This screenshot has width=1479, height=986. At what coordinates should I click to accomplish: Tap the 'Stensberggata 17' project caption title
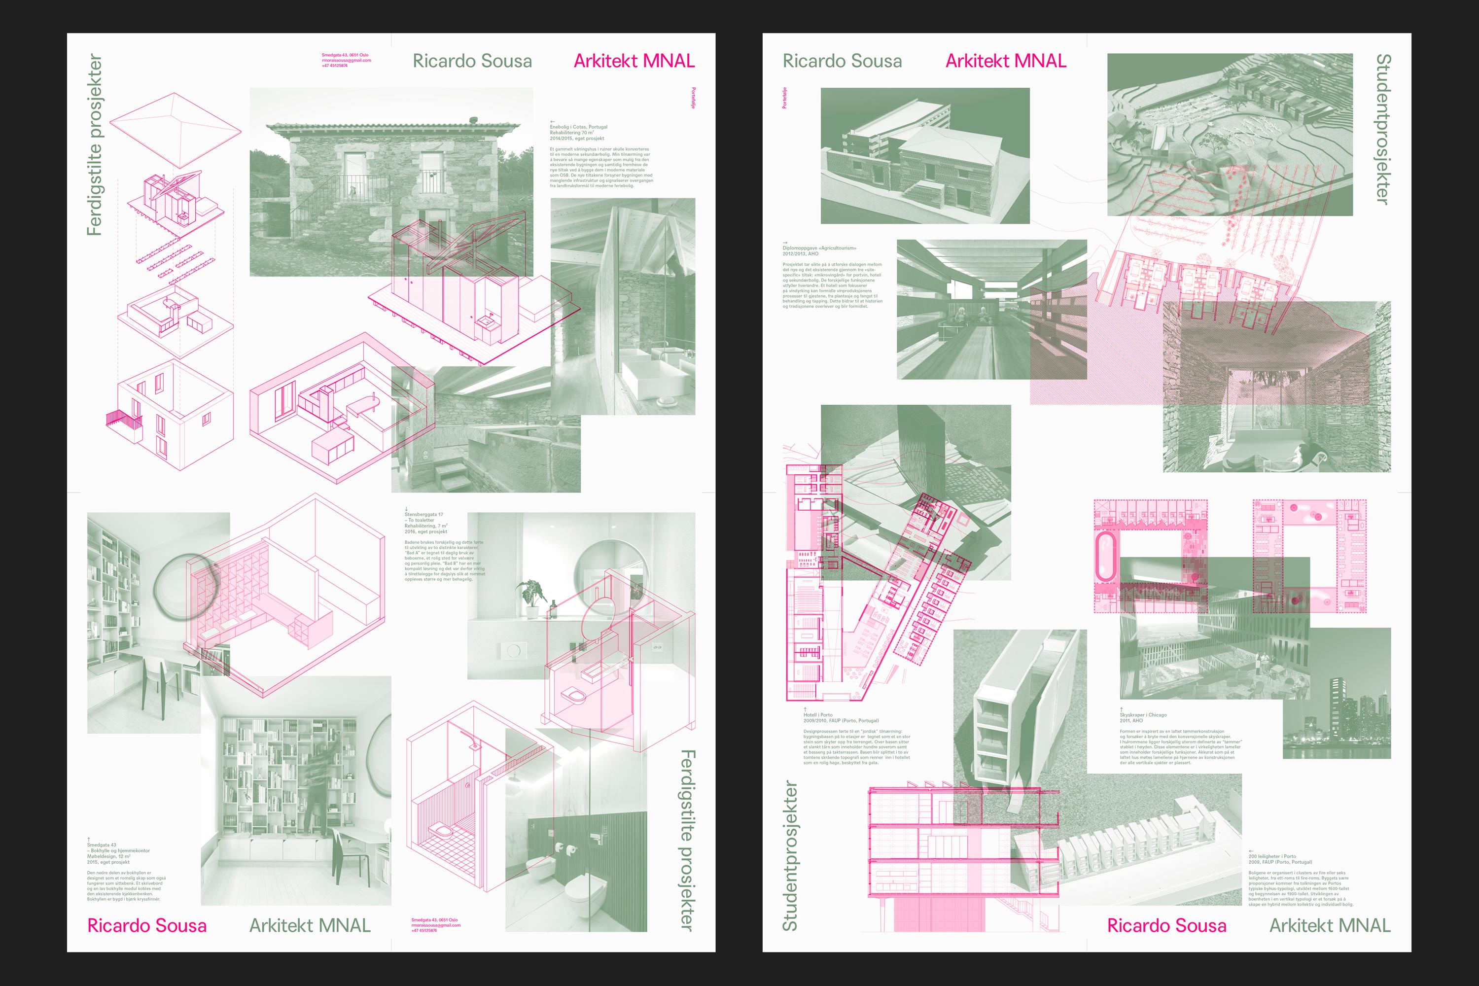(x=424, y=514)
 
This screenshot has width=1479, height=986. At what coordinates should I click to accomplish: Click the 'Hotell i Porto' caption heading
(x=817, y=715)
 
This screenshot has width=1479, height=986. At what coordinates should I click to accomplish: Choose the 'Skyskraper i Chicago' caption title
(x=1143, y=715)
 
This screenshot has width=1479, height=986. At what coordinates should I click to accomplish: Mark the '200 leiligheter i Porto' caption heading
(x=1272, y=856)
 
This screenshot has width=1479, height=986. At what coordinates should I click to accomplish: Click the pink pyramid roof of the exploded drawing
(x=176, y=129)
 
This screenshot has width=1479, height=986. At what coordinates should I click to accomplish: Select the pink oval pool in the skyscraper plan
(x=1105, y=557)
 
